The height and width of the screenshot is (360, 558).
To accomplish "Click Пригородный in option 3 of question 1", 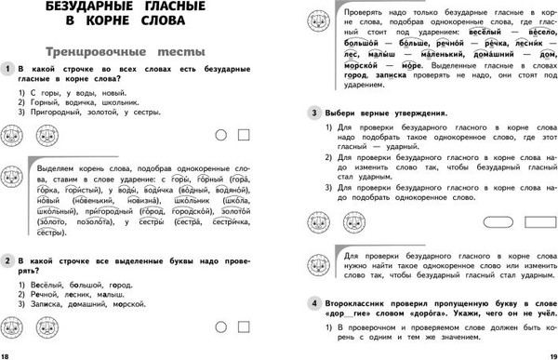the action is (53, 112).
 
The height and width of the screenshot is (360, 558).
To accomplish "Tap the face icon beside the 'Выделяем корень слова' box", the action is (13, 176).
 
